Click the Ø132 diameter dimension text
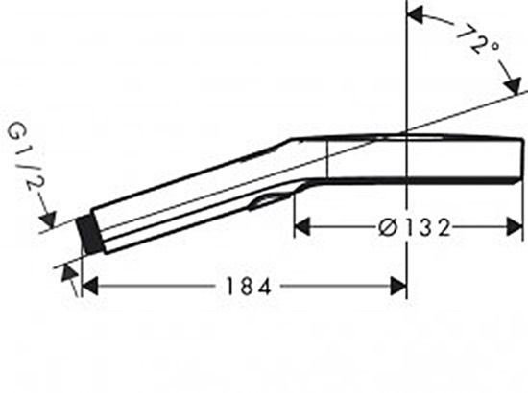click(415, 227)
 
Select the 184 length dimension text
click(249, 287)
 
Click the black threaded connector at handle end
click(90, 235)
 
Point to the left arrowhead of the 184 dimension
click(89, 287)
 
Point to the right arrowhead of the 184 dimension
click(398, 287)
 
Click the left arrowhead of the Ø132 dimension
click(302, 227)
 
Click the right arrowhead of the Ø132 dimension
click(515, 227)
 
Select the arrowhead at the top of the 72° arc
click(415, 15)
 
